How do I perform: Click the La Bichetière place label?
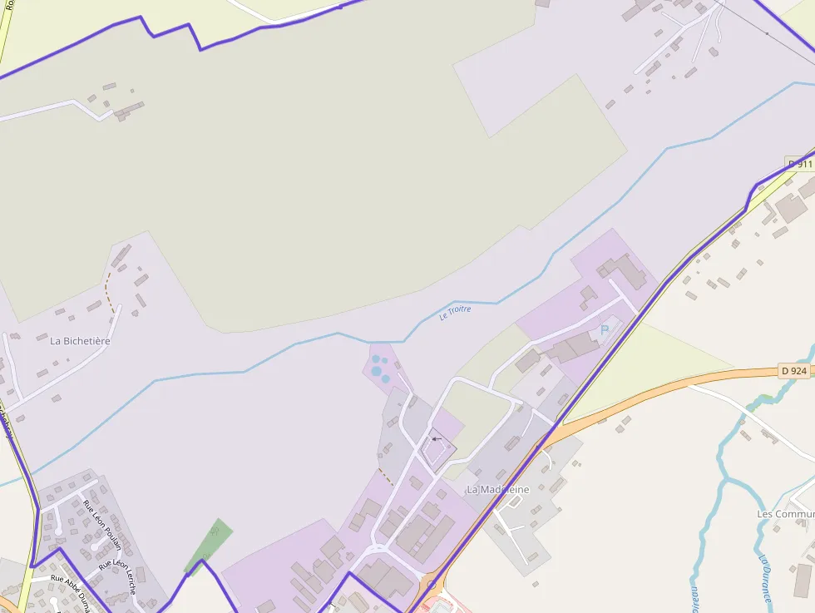pyautogui.click(x=80, y=340)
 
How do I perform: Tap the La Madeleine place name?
pyautogui.click(x=497, y=489)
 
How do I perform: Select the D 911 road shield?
pyautogui.click(x=800, y=164)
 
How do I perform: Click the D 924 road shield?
pyautogui.click(x=794, y=371)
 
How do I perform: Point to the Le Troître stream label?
pyautogui.click(x=455, y=312)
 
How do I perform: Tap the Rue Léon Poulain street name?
pyautogui.click(x=96, y=525)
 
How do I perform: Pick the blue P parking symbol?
pyautogui.click(x=605, y=330)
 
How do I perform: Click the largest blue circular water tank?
pyautogui.click(x=377, y=370)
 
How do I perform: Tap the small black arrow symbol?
pyautogui.click(x=436, y=438)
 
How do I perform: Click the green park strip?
pyautogui.click(x=209, y=545)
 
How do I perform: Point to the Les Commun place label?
pyautogui.click(x=785, y=514)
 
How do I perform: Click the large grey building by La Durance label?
pyautogui.click(x=803, y=581)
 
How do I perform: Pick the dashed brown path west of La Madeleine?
pyautogui.click(x=386, y=477)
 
